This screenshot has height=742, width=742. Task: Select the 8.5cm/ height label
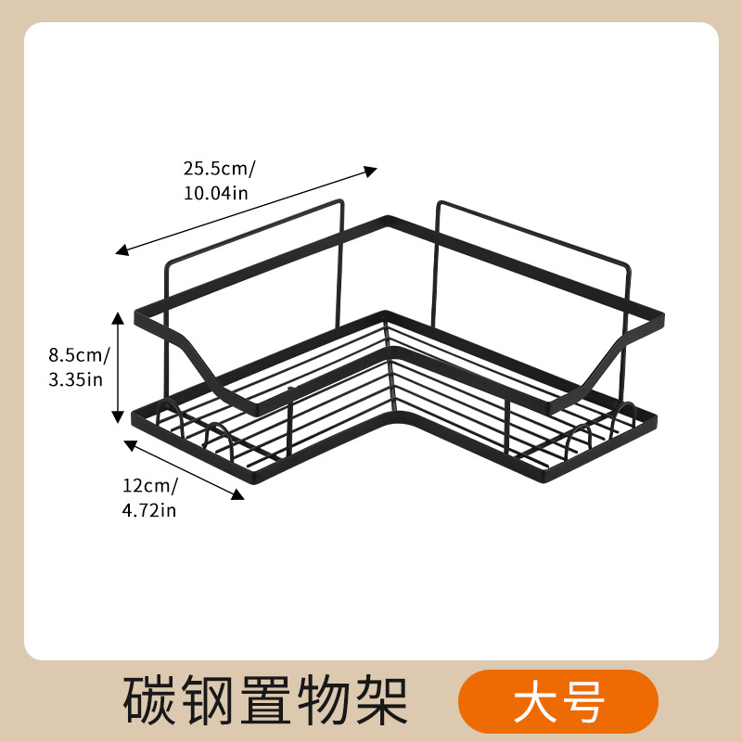point(79,354)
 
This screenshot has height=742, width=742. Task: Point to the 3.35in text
point(75,378)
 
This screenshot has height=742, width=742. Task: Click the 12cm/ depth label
point(149,485)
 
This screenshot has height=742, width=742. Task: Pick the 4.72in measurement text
point(148,509)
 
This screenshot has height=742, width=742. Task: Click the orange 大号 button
point(558,702)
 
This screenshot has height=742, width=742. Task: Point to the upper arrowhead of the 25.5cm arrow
point(371,170)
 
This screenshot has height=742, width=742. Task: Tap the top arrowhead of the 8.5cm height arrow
point(118,318)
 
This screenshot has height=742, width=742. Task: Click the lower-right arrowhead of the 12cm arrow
point(238,495)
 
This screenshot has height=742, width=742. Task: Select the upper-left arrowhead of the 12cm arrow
point(129,443)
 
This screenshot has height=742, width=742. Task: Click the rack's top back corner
point(388,220)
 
